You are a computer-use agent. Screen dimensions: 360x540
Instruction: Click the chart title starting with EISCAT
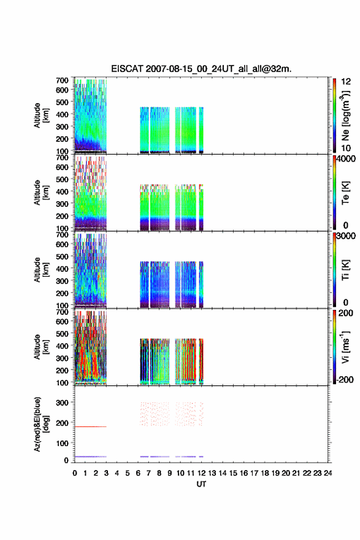(x=201, y=69)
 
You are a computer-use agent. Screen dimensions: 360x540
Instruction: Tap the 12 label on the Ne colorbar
(x=347, y=81)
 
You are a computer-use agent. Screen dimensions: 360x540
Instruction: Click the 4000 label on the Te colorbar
(x=347, y=159)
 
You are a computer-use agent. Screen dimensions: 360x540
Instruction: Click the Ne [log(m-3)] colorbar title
(x=345, y=115)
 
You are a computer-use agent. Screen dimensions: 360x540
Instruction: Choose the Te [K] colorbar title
(x=346, y=193)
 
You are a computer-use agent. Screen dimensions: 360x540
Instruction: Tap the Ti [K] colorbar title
(x=346, y=270)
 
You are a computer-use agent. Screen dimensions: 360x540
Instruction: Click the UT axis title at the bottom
(x=201, y=484)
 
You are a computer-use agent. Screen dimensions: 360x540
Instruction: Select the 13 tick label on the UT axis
(x=212, y=473)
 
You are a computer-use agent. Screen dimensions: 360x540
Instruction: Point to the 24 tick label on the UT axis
(x=327, y=473)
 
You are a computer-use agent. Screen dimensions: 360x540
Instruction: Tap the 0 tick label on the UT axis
(x=75, y=473)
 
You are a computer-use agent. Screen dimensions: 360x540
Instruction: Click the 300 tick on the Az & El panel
(x=62, y=403)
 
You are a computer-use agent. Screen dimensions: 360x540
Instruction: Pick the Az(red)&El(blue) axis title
(x=41, y=424)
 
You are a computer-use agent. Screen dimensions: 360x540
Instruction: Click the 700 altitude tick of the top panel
(x=62, y=80)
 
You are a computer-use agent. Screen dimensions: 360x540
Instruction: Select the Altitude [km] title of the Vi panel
(x=41, y=347)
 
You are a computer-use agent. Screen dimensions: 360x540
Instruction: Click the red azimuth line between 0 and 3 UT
(x=91, y=426)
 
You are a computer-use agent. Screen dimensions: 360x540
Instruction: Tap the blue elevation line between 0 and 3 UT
(x=91, y=457)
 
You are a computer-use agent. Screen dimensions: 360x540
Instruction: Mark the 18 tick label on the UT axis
(x=265, y=473)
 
